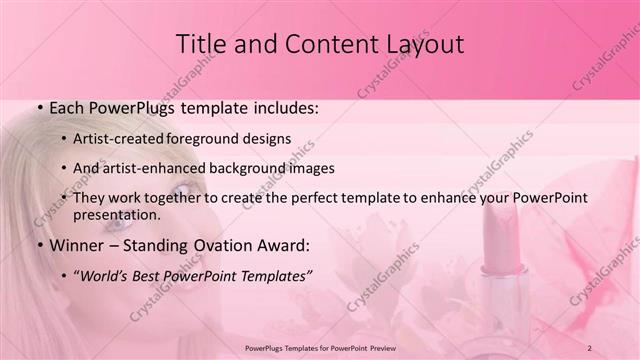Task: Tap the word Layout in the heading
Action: click(x=421, y=44)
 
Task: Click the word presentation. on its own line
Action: click(x=116, y=214)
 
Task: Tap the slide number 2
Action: click(x=590, y=347)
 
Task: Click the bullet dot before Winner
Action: click(x=38, y=245)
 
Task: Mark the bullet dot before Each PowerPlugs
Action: click(x=38, y=107)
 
